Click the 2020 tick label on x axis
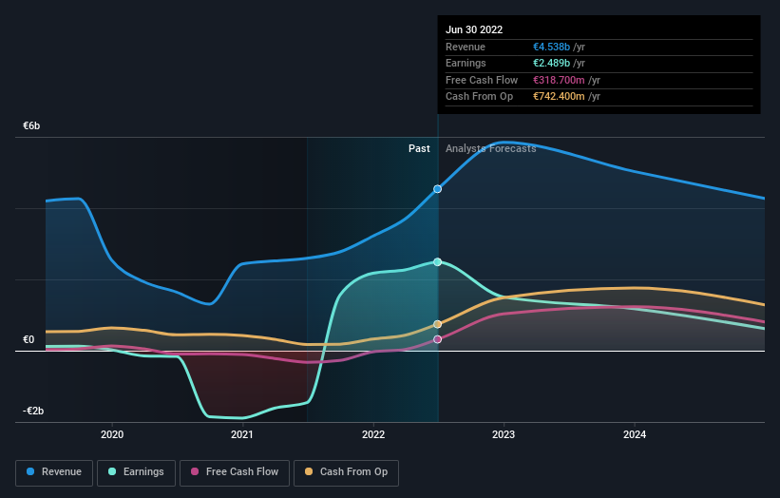point(112,434)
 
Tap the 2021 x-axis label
point(242,434)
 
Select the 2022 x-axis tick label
point(373,434)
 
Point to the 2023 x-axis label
point(504,434)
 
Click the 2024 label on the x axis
point(635,434)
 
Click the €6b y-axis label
point(31,125)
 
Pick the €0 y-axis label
point(29,339)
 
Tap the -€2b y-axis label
point(33,411)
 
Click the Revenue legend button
point(55,471)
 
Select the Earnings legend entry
point(137,471)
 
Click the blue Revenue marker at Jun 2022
point(438,189)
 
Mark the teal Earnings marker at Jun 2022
point(438,261)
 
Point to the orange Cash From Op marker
point(438,324)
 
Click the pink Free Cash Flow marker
point(438,339)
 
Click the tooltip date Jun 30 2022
point(474,29)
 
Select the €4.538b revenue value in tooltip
point(555,47)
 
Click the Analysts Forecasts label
point(490,148)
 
